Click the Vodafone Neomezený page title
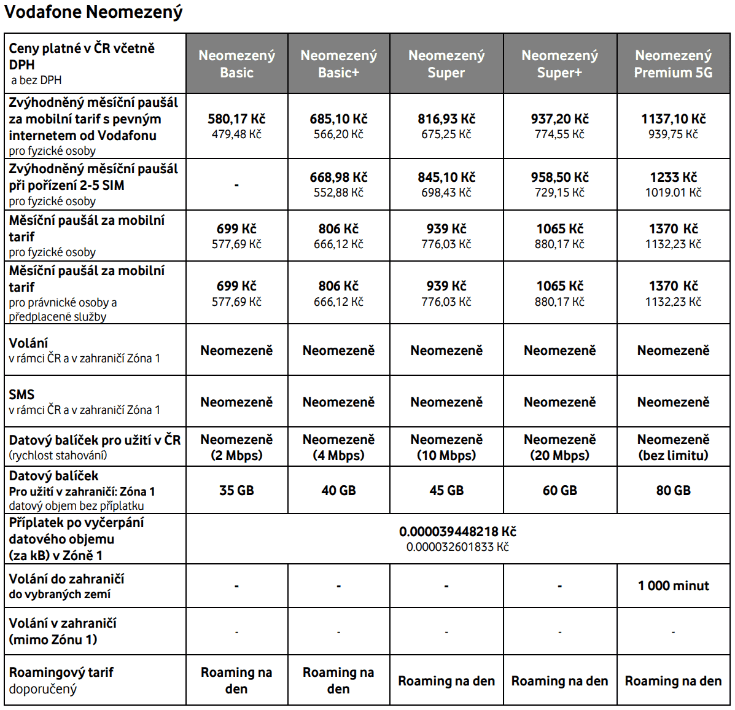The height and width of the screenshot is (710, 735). (x=93, y=12)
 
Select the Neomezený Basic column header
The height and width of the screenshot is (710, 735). (x=236, y=64)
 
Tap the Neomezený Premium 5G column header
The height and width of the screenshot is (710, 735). (x=673, y=64)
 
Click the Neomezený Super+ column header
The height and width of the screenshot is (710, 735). (x=559, y=64)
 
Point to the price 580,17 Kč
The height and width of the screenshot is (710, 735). (x=236, y=119)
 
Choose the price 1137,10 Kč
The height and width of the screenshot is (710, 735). (x=673, y=119)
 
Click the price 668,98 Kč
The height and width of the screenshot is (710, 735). (x=338, y=177)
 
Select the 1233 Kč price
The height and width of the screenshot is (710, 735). (x=673, y=177)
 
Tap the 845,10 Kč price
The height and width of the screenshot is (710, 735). (x=446, y=177)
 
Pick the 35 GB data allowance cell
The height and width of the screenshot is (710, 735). (x=236, y=491)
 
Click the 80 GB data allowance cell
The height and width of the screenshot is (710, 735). (x=673, y=491)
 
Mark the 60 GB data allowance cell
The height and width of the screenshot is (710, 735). (x=559, y=491)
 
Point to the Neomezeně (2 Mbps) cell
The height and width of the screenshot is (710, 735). (x=236, y=447)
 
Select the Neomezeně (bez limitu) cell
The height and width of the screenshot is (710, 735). (x=673, y=447)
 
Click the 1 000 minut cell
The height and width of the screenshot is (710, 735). (x=673, y=586)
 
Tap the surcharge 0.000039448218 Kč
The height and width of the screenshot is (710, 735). (x=457, y=532)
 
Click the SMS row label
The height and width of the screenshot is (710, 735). (x=22, y=395)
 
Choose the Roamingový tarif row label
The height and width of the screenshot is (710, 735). (x=61, y=673)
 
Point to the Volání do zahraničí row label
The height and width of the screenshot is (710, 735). (x=66, y=579)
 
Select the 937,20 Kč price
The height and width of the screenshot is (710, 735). (x=559, y=119)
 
